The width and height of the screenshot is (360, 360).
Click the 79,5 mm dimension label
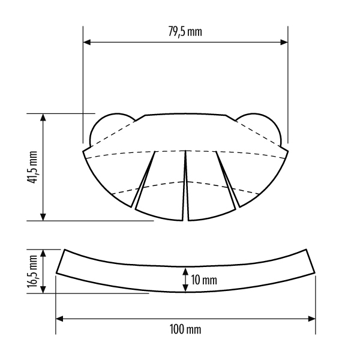tap(185, 32)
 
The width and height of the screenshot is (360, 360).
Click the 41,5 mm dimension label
tap(32, 167)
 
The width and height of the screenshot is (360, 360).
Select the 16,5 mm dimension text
tap(32, 271)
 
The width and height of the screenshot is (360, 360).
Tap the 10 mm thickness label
tap(203, 280)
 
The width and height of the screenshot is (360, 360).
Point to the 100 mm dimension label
tap(185, 329)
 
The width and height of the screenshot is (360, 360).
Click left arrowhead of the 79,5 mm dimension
tap(87, 42)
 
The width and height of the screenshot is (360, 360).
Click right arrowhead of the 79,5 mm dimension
tap(284, 42)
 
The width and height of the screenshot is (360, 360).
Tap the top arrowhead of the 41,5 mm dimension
tap(43, 117)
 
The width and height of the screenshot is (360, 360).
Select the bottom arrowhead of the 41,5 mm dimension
tap(43, 217)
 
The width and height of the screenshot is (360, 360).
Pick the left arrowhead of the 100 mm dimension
tap(59, 319)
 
